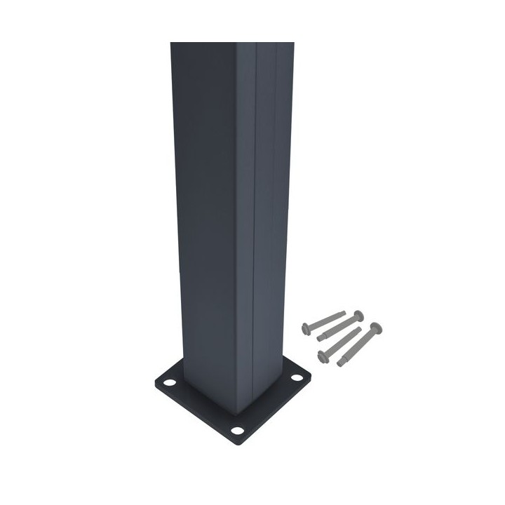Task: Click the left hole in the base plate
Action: click(169, 384)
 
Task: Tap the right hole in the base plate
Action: click(297, 379)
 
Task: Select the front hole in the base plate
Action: click(237, 430)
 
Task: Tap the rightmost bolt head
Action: click(377, 327)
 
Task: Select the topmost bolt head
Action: click(358, 314)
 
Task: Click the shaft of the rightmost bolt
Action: click(358, 344)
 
